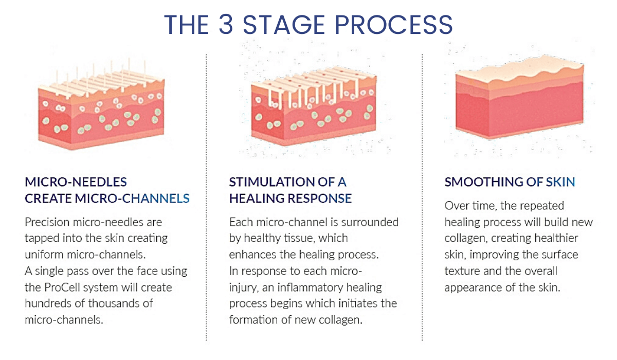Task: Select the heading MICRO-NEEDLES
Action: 76,182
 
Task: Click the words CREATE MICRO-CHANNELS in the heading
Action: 107,198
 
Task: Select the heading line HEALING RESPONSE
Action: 291,198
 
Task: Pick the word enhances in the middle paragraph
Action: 252,255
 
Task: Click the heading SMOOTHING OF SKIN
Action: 510,182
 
